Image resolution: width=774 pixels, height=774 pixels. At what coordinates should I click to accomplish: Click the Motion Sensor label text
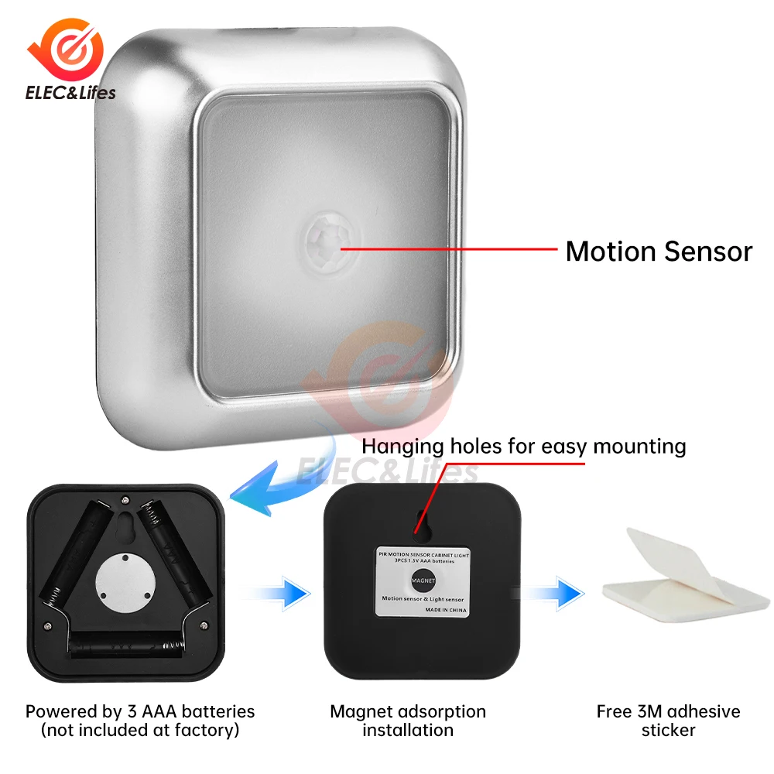659,252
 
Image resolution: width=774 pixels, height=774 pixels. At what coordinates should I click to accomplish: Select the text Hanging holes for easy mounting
524,447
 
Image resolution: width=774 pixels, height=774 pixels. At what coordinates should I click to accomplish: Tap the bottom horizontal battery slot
128,645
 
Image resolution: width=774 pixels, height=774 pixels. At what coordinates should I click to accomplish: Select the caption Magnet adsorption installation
408,720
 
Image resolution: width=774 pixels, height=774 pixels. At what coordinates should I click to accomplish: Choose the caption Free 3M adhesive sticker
669,720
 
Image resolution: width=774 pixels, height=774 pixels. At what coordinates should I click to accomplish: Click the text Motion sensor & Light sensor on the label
423,598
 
